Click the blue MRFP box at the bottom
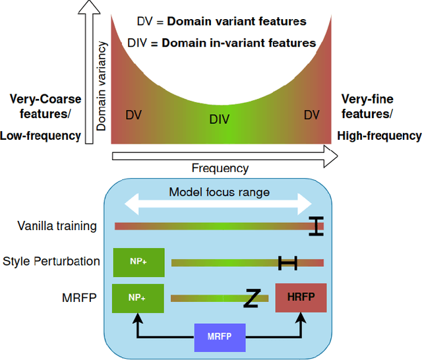point(220,338)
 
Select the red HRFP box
point(301,298)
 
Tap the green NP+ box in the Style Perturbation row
point(138,262)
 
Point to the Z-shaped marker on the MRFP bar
point(251,298)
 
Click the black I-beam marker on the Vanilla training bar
point(317,226)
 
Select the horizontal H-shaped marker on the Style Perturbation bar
point(287,262)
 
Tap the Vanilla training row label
point(57,226)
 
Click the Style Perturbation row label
point(51,261)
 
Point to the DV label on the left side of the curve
point(133,115)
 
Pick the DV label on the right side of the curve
point(311,115)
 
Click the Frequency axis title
point(220,168)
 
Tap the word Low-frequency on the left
point(40,136)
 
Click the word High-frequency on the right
point(379,136)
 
